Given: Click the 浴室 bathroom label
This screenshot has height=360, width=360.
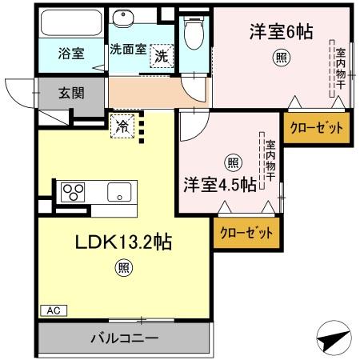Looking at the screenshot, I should pos(72,54).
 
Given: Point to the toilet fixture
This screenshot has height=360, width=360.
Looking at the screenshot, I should pos(191,33).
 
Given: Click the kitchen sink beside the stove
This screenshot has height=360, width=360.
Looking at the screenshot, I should pos(120,192).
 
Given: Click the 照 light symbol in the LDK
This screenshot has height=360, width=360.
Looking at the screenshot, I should pos(123,270).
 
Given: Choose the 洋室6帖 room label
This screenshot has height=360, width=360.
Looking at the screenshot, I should pos(280,31).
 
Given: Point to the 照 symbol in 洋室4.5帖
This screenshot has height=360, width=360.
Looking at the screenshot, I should pos(232,162).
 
